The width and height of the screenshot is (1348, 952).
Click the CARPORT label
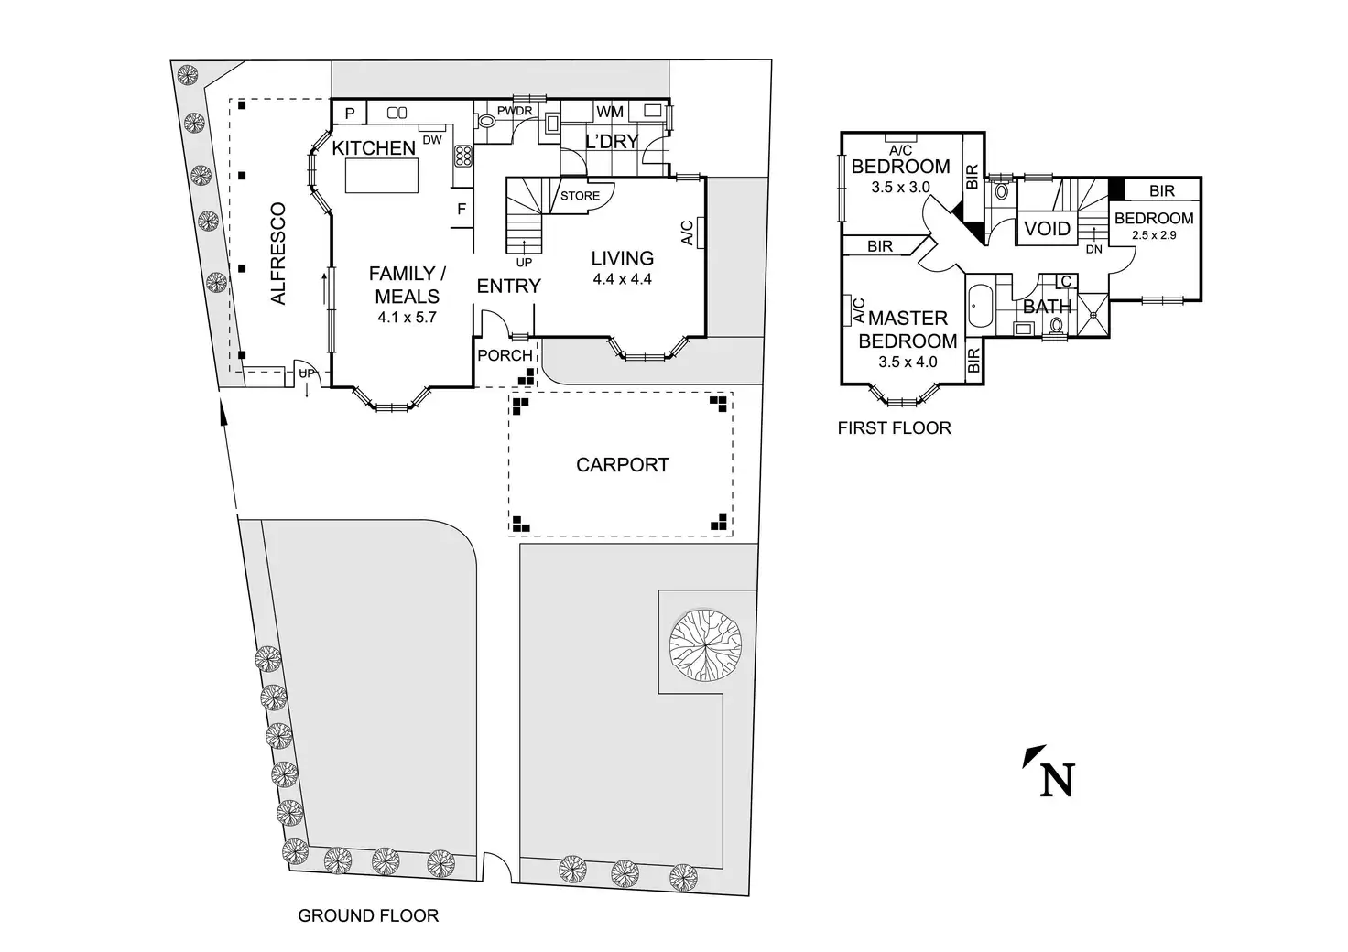point(622,465)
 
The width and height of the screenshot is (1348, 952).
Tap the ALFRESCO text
point(277,254)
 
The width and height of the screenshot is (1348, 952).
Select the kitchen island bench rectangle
point(382,175)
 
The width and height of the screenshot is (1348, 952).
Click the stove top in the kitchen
point(462,156)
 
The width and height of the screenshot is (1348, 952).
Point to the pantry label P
point(350,114)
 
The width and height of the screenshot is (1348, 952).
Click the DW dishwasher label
point(432,140)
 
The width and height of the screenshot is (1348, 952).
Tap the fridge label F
point(462,210)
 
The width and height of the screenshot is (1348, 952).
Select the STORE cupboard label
point(580,196)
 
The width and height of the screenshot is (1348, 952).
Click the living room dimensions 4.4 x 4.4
point(622,279)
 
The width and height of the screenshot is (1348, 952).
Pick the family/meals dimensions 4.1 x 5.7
point(407,317)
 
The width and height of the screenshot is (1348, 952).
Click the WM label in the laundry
point(610,112)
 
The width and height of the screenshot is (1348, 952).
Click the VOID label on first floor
point(1047,229)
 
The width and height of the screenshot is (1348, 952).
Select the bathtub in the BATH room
point(980,306)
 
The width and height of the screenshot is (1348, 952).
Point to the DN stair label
point(1094,249)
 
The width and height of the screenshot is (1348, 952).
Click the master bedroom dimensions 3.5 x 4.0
point(908,362)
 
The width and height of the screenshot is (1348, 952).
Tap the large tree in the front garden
point(705,646)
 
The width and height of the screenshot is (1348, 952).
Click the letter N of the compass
point(1058,780)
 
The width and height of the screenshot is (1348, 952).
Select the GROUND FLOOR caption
point(368,915)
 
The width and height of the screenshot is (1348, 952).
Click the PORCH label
point(505,355)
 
